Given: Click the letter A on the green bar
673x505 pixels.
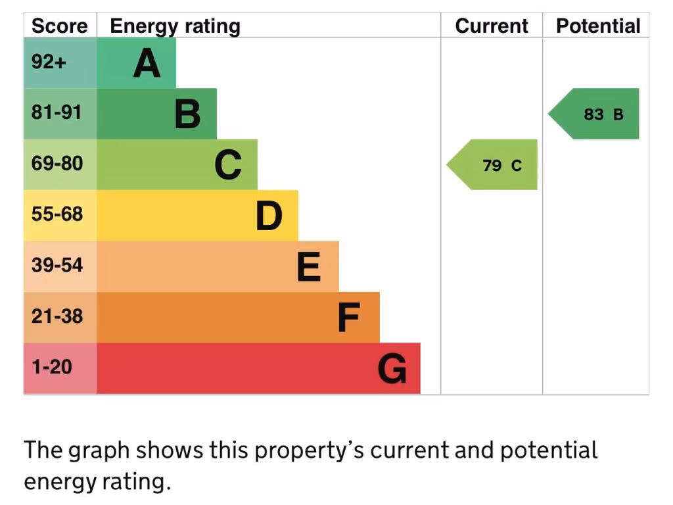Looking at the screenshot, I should point(147,64).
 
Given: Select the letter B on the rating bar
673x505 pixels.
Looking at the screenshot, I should point(187,114).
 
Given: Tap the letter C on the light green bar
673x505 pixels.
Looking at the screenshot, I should point(228,165).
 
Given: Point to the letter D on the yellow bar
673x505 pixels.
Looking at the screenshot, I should point(269,216).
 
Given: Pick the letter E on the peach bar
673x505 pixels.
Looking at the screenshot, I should point(309,267).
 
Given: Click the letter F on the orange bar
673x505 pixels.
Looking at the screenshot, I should point(348,318).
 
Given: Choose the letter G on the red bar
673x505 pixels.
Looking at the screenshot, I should point(392,369).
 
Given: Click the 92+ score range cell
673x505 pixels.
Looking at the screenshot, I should point(49,62).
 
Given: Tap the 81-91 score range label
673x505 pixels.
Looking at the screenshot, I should point(57,112).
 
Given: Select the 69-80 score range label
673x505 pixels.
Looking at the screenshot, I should point(57,163).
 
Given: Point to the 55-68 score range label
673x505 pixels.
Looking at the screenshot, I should point(57,214).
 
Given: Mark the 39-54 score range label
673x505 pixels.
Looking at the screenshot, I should point(57,265).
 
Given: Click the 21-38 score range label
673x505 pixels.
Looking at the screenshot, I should point(57,316).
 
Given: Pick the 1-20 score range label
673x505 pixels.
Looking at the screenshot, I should point(52,366).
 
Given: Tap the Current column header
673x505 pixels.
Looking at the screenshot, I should point(492,26).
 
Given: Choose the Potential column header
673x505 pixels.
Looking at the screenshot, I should point(598,26).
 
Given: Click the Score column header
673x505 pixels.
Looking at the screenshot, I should point(59,26).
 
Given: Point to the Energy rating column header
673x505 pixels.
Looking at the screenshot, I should point(175,26).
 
